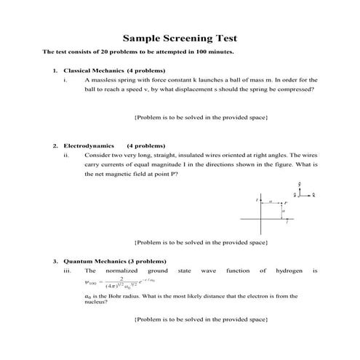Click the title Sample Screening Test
point(180,37)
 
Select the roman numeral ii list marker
point(67,155)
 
